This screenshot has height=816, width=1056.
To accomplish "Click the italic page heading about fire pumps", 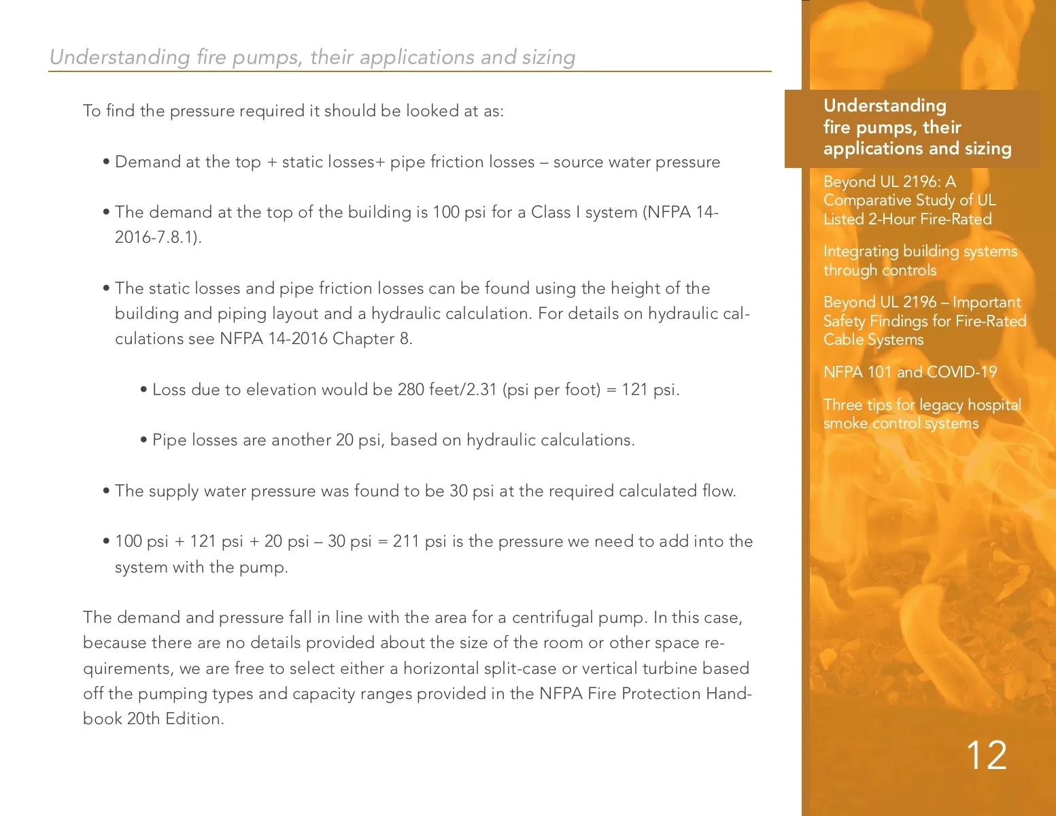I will pyautogui.click(x=312, y=57).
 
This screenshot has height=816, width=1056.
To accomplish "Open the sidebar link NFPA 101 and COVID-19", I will pyautogui.click(x=910, y=372).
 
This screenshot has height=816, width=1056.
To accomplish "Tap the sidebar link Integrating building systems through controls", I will pyautogui.click(x=919, y=260).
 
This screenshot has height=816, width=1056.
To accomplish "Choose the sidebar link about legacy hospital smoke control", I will pyautogui.click(x=921, y=413).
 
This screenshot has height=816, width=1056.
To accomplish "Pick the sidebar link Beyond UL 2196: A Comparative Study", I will pyautogui.click(x=909, y=200).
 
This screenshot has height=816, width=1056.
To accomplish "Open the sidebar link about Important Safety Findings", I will pyautogui.click(x=924, y=321).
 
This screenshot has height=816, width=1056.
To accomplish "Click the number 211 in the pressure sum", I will pyautogui.click(x=406, y=541).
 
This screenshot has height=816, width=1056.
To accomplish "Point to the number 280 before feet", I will pyautogui.click(x=411, y=390).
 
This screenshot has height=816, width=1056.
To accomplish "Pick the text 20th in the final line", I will pyautogui.click(x=143, y=719).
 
